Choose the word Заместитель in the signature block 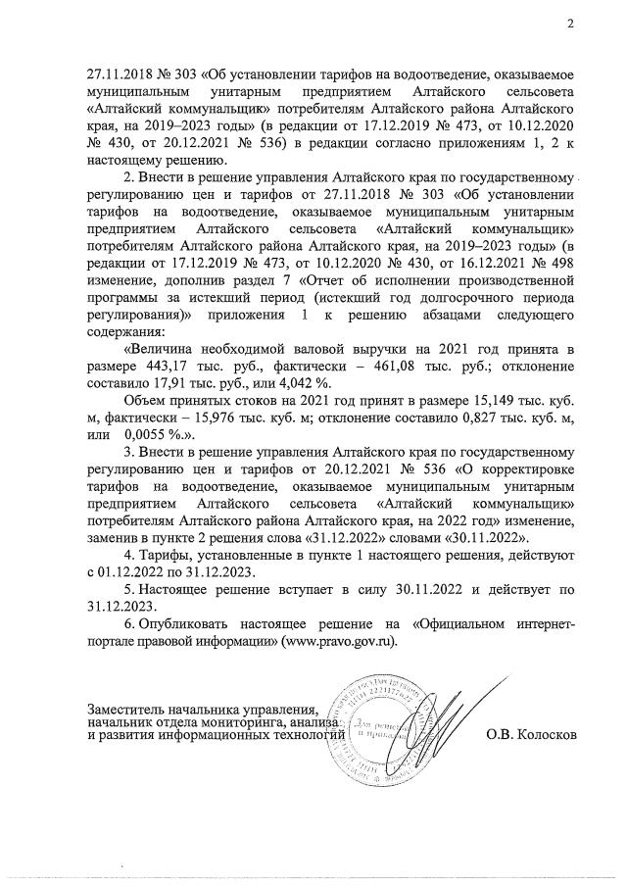pyautogui.click(x=130, y=708)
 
